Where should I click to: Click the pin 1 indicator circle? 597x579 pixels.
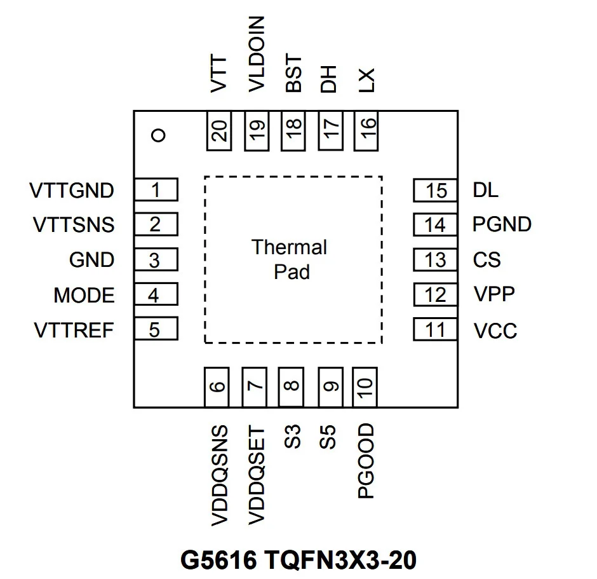(158, 135)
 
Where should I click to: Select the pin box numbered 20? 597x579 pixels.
(219, 131)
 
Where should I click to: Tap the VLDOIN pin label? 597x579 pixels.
(256, 54)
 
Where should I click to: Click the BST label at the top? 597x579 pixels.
(293, 73)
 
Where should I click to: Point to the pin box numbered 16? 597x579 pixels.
(366, 131)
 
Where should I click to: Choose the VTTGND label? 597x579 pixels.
(72, 190)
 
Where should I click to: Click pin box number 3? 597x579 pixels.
(156, 259)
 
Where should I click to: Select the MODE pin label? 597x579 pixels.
(84, 295)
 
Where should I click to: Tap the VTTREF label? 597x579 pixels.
(74, 330)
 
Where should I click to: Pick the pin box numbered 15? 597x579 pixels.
(435, 190)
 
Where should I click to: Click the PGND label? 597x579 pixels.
(502, 224)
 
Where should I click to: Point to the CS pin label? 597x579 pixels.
(486, 259)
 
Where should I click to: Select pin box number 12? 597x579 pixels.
(435, 294)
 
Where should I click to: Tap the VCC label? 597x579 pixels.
(495, 330)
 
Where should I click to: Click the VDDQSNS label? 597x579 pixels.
(220, 475)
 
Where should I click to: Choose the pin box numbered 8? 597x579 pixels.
(291, 387)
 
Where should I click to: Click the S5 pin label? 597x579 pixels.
(328, 437)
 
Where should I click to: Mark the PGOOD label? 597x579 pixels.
(366, 461)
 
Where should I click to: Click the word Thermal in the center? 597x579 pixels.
(289, 247)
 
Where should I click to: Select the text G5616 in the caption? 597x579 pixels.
(218, 560)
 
